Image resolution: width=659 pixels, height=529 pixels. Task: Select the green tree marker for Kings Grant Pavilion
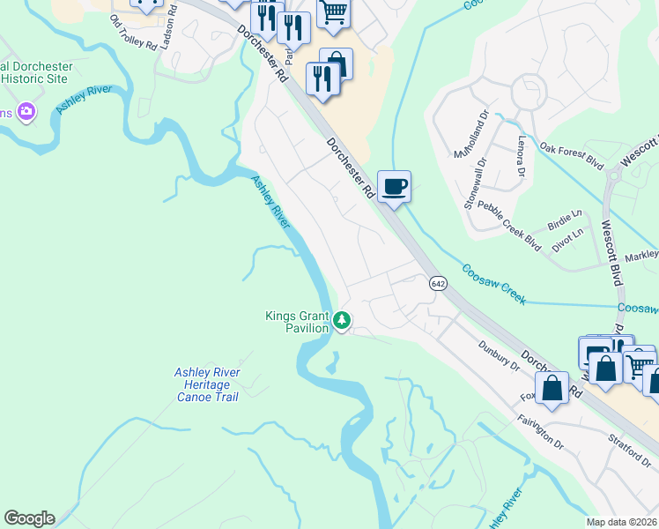(x=343, y=322)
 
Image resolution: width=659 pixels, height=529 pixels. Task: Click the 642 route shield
(x=438, y=283)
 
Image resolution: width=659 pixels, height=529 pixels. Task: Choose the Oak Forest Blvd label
(x=571, y=155)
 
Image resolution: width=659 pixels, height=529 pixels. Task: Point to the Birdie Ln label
(x=565, y=216)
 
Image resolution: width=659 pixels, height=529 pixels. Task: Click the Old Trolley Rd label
(x=132, y=37)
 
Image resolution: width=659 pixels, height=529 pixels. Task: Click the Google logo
(x=29, y=518)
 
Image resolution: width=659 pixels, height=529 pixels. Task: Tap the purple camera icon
(x=27, y=111)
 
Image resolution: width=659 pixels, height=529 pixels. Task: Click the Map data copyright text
(x=622, y=522)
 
